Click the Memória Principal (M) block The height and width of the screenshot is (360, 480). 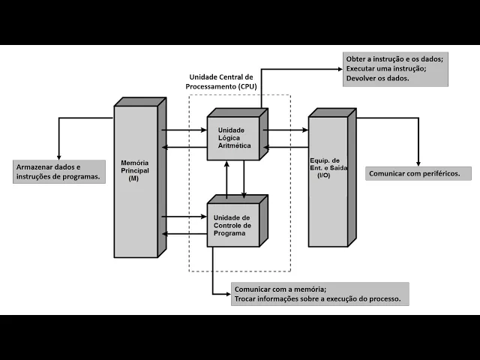[x=136, y=180]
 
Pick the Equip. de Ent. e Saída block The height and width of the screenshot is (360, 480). [x=328, y=180]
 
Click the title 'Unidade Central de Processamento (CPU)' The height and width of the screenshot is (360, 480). [x=222, y=82]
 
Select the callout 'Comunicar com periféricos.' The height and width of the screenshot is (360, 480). [x=419, y=174]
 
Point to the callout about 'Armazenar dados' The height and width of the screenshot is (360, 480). [x=58, y=172]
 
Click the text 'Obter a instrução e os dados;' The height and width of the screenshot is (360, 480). [x=394, y=58]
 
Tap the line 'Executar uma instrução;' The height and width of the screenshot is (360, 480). [x=386, y=68]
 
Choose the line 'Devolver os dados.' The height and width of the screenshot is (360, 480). [x=378, y=78]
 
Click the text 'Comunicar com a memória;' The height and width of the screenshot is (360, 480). [x=280, y=289]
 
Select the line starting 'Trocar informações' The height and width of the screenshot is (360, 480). [x=317, y=299]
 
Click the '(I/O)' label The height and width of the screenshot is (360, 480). [x=324, y=175]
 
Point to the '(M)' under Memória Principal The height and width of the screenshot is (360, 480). [x=133, y=178]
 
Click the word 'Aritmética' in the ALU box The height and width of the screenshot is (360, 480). [x=235, y=145]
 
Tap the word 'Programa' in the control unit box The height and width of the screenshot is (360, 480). [x=229, y=233]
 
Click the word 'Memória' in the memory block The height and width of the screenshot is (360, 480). [x=136, y=163]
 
